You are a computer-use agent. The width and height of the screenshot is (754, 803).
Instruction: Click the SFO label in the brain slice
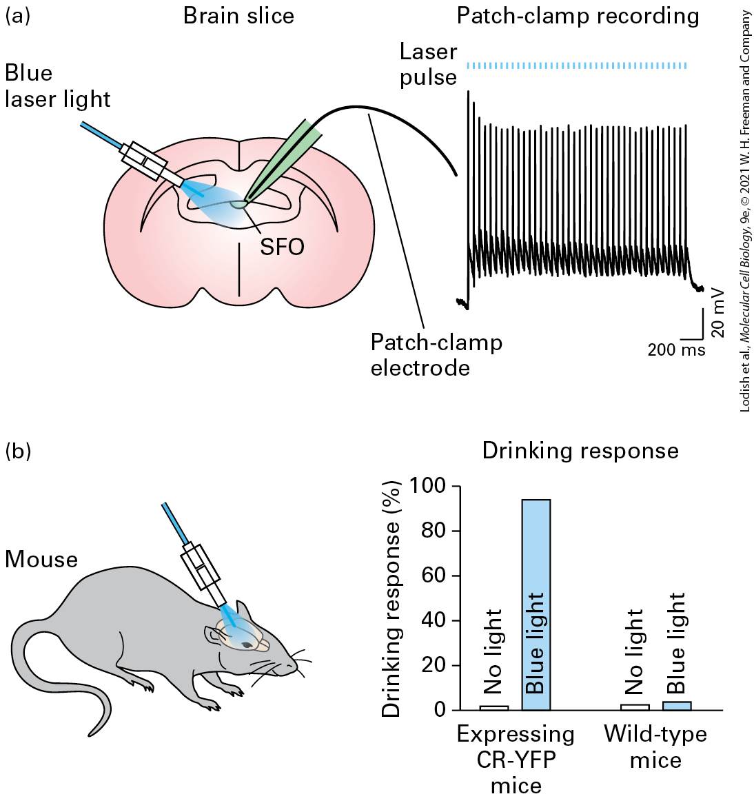[282, 247]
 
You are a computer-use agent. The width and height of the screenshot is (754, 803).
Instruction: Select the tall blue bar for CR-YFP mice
[536, 604]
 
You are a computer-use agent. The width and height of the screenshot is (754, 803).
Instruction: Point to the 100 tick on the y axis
[456, 485]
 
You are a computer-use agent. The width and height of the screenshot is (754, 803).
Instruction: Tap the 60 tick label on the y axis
[434, 575]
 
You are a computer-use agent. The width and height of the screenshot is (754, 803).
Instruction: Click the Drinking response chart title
[580, 451]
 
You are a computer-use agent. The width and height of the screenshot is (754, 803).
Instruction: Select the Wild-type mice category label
[655, 746]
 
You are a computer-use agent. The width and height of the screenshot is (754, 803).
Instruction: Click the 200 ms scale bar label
[676, 349]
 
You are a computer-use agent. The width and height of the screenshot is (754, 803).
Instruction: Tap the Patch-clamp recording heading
[578, 17]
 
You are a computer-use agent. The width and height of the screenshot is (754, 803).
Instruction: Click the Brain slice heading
[238, 16]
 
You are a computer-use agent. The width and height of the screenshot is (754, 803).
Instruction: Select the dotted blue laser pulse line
[576, 65]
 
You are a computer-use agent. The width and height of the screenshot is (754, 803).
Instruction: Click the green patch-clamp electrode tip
[247, 199]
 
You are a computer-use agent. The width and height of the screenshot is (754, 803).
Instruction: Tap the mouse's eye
[247, 644]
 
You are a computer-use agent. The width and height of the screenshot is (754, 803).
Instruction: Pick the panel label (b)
[18, 451]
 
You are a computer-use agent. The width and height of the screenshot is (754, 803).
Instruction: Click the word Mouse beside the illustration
[41, 559]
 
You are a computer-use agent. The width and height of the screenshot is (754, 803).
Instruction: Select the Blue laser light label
[57, 86]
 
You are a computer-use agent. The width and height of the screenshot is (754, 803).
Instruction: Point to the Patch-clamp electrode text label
[436, 355]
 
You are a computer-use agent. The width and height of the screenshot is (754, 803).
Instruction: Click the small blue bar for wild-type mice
[677, 706]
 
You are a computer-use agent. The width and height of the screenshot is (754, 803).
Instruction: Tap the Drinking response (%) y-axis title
[392, 598]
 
